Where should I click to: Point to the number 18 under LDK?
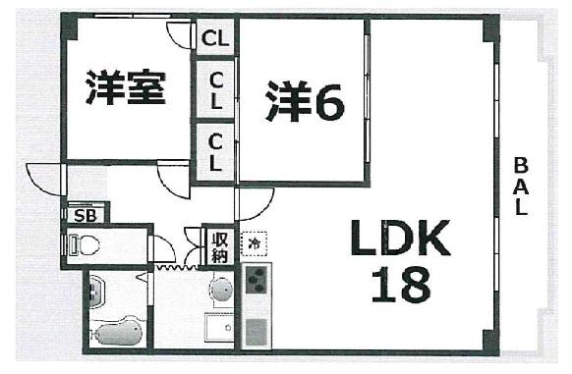tap(400, 285)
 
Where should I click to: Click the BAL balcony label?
tap(521, 187)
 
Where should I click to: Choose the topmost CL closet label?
tap(215, 40)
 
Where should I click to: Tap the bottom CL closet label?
tap(215, 150)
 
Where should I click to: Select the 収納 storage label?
tap(218, 244)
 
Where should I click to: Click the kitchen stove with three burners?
tap(255, 282)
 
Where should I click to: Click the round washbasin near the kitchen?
tap(221, 290)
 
